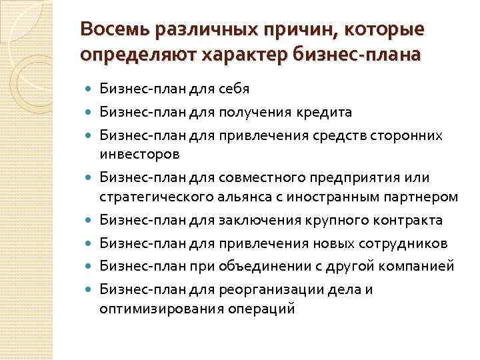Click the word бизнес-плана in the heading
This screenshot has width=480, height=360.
354,53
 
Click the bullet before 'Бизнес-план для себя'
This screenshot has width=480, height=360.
89,88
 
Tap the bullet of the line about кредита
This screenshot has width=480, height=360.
89,112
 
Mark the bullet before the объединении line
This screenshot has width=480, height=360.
89,267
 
